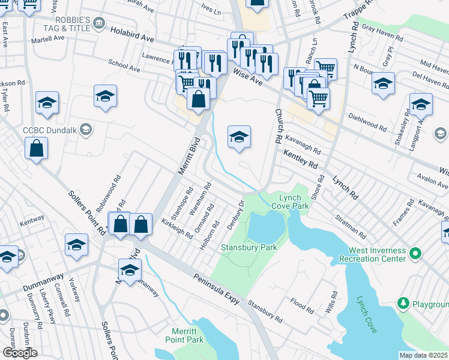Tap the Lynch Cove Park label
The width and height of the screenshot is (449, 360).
click(x=293, y=201)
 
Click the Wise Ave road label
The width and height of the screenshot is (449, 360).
click(x=247, y=78)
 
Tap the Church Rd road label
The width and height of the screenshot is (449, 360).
click(x=279, y=126)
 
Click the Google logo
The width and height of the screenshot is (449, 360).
click(x=20, y=353)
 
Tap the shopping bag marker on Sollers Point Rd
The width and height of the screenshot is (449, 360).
click(x=36, y=148)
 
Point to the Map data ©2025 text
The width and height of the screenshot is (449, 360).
click(x=423, y=355)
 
